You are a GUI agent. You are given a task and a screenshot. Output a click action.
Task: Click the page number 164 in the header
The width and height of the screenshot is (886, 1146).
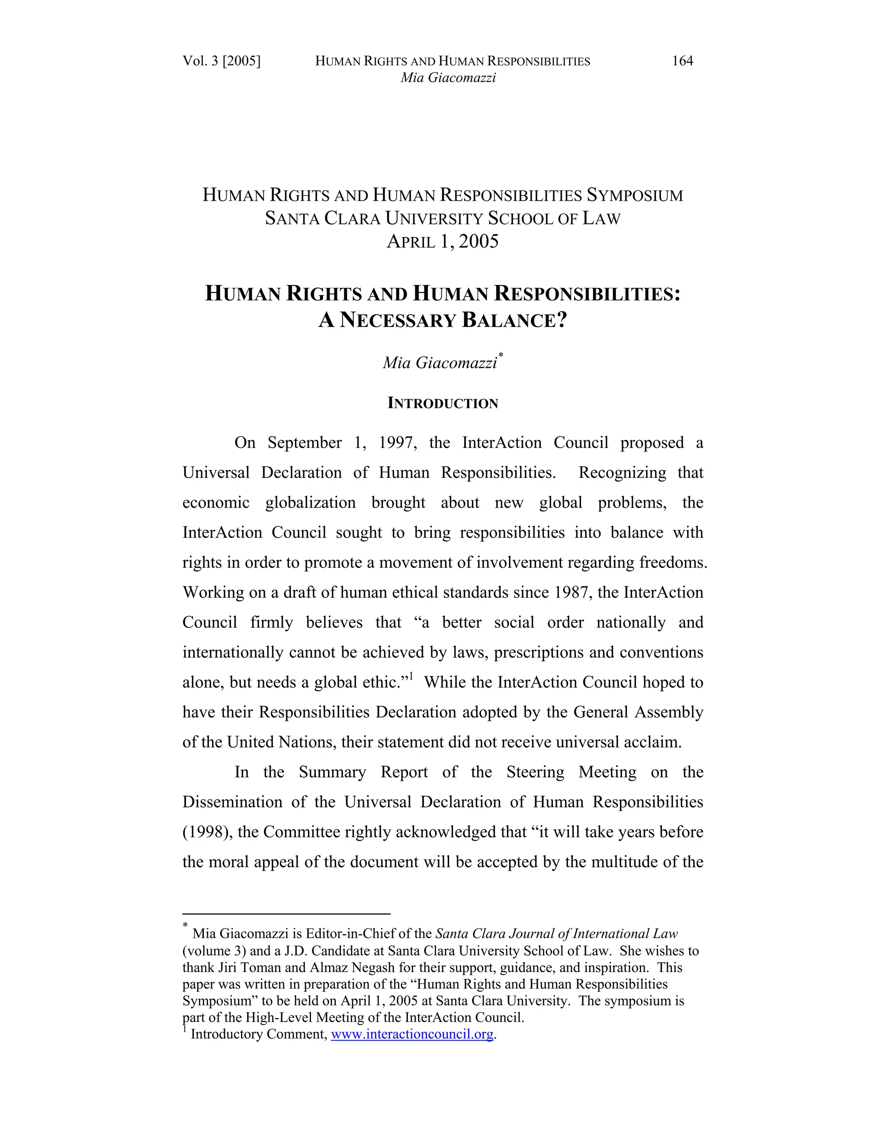[x=682, y=61]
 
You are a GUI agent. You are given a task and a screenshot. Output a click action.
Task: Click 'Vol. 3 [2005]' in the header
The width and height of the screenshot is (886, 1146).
[x=221, y=61]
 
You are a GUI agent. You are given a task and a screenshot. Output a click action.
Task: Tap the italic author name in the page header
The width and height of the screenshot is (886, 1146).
[x=448, y=78]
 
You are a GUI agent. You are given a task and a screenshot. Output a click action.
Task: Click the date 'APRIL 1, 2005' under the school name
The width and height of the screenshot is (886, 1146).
[x=443, y=241]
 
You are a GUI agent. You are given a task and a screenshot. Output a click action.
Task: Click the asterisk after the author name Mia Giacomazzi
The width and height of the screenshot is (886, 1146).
[x=501, y=355]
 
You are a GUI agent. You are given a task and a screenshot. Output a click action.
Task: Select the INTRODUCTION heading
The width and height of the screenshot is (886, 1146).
[x=443, y=403]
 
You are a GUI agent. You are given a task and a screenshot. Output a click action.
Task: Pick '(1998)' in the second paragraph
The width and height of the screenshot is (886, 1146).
[x=204, y=832]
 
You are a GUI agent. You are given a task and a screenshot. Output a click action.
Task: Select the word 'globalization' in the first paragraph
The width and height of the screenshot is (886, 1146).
[x=310, y=503]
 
